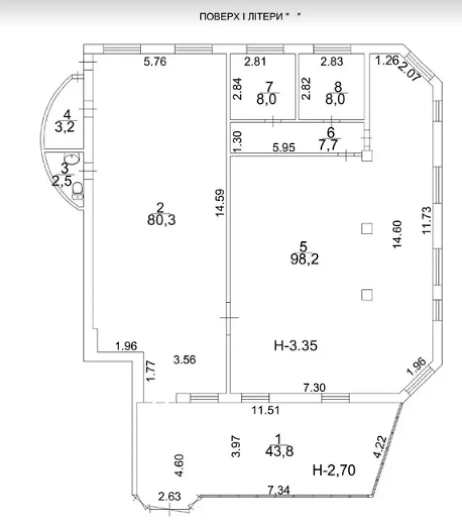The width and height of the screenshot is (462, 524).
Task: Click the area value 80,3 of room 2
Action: coord(161,220)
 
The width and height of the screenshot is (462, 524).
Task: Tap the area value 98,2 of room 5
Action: coord(304,259)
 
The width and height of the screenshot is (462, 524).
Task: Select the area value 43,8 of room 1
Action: coord(279,452)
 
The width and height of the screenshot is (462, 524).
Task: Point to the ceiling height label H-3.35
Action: coord(296,346)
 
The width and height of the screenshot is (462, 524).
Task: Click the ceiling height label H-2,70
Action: coord(334,470)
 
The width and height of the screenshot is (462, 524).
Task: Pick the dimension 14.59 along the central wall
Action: coord(220,203)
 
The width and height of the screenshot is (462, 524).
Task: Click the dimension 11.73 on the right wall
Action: coord(426,220)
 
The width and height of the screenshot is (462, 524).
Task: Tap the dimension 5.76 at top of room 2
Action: coord(155,62)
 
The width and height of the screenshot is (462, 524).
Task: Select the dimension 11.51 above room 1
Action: coord(265,410)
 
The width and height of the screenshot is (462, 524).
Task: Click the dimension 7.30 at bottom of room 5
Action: coord(315,387)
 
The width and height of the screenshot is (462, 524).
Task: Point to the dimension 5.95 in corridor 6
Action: coord(284,147)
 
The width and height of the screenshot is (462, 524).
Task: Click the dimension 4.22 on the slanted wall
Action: coord(380,447)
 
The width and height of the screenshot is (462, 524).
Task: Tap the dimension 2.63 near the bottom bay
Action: coord(169,496)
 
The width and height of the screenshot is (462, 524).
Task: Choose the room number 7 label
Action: coord(269,86)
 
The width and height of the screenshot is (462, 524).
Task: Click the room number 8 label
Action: coord(338,86)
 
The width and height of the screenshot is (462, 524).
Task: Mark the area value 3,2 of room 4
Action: coord(65,127)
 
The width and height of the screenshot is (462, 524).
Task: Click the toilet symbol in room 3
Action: coord(78,191)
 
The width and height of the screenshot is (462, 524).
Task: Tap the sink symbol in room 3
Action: coord(71,159)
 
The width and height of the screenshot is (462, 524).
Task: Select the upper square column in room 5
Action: coord(367,229)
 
